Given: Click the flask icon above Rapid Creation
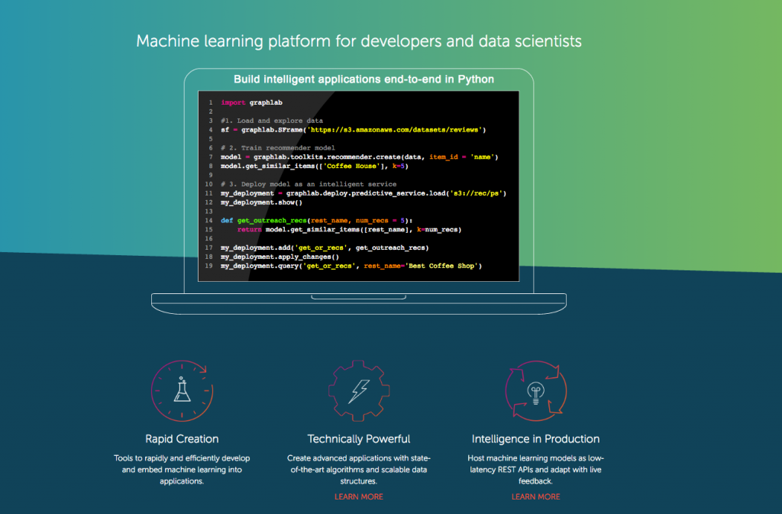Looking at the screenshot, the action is coord(182,390).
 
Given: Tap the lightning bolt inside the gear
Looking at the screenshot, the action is coord(359,391).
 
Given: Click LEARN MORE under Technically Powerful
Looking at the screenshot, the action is coord(359,496).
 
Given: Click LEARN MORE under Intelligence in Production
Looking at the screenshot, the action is coord(535,496).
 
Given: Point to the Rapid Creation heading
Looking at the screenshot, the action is coord(182,438).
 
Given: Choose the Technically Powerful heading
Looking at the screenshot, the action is coord(359,438).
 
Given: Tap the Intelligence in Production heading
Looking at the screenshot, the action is coord(535,438).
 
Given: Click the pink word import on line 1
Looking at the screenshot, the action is coord(233,102).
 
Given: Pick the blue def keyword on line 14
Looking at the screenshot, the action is coord(227,221).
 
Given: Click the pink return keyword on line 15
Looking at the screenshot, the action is coord(250,230).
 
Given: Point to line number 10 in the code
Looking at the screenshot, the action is coord(208,185).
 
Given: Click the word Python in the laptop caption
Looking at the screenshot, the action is coord(476,79).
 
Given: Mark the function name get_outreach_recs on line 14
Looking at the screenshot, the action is coord(272,221).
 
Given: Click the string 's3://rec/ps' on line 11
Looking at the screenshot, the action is coord(476,193).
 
